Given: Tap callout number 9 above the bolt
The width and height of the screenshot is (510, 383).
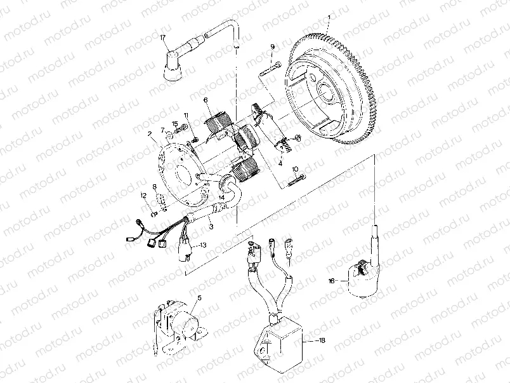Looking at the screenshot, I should click(272, 48).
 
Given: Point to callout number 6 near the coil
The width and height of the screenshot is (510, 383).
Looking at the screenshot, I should click(206, 100).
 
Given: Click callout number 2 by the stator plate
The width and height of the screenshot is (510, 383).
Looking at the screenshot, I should click(149, 135).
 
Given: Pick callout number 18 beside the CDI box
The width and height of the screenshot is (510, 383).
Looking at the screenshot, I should click(322, 341).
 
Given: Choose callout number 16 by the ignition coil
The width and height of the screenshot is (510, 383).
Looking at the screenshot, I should click(331, 280).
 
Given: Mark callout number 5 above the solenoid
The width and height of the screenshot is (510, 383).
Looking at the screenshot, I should click(199, 298).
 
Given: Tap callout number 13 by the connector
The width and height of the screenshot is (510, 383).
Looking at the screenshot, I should click(203, 245).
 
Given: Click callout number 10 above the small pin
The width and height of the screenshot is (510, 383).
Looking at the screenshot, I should click(296, 169).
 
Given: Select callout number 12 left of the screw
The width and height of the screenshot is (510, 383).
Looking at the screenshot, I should click(144, 196).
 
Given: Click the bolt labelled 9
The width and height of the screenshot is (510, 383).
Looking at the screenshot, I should click(270, 67).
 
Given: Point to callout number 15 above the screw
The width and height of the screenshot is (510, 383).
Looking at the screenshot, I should click(175, 123).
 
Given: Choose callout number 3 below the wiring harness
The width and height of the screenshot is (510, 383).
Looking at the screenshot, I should click(211, 226).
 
